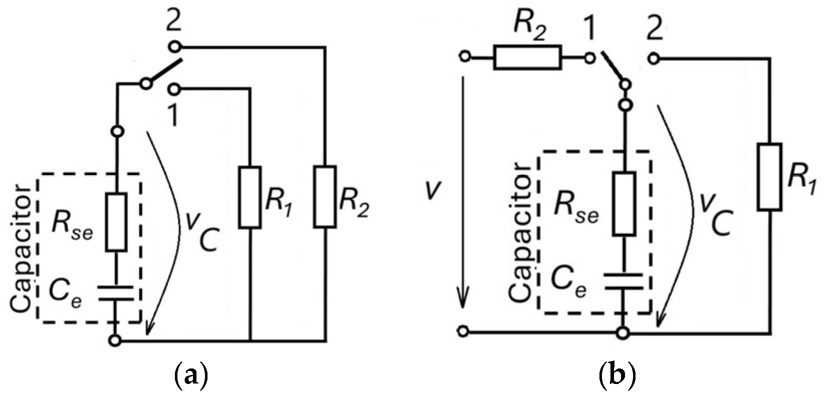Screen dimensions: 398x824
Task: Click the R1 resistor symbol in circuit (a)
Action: tap(250, 198)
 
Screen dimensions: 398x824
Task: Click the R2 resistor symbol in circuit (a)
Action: tap(325, 198)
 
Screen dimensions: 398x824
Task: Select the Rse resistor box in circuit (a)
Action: tap(116, 222)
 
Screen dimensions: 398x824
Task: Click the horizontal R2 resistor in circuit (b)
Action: tap(527, 57)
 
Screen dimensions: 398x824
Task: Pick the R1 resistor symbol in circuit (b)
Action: tap(769, 177)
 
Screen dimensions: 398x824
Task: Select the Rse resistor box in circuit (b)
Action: tap(623, 204)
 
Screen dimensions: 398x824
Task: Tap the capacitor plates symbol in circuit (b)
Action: tap(623, 281)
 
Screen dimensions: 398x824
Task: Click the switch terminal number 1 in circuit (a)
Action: tap(173, 117)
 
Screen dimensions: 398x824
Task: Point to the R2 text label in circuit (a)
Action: tap(354, 205)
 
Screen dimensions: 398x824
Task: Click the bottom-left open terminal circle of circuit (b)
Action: tap(464, 331)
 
